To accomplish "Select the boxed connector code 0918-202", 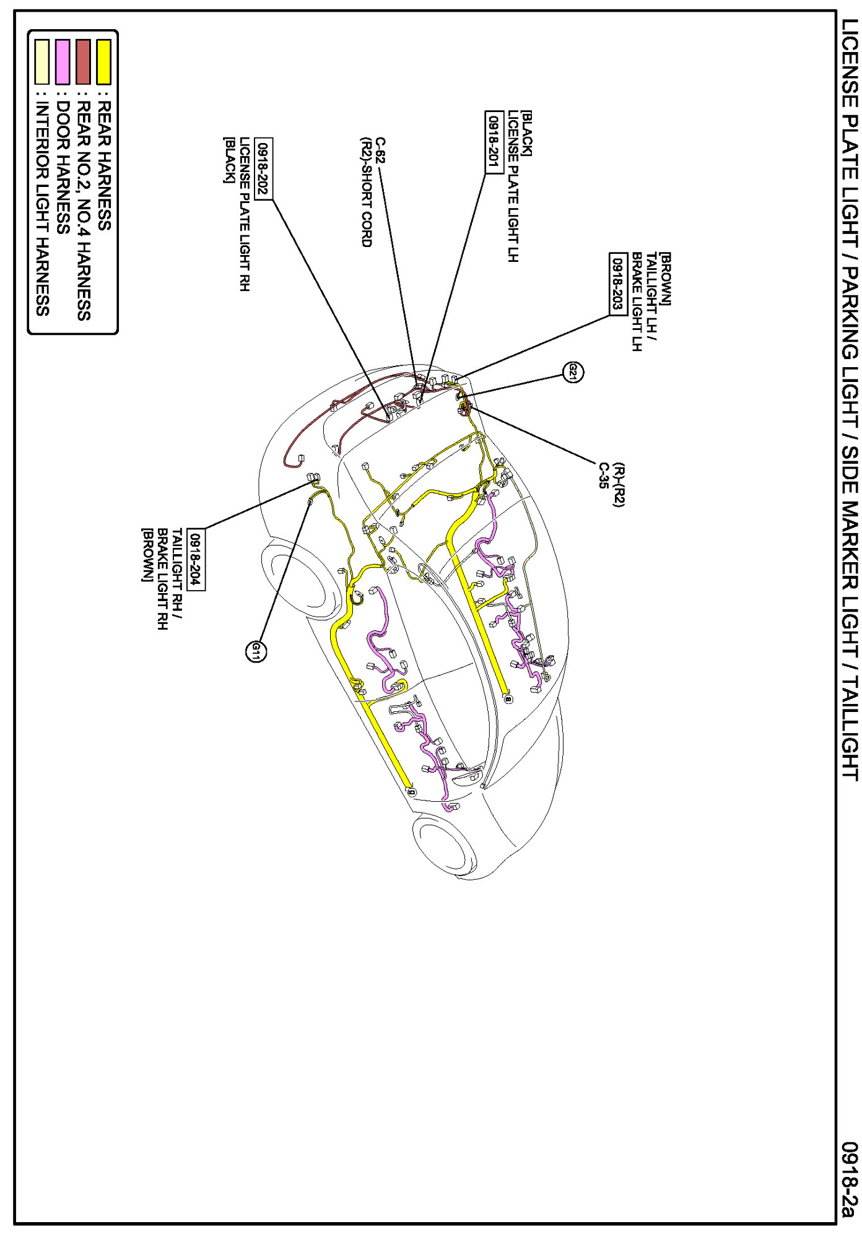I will (264, 168).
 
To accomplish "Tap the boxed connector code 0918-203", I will (618, 284).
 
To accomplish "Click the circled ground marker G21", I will (573, 372).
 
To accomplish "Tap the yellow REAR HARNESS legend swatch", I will (103, 61).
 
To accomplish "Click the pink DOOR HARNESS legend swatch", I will (63, 61).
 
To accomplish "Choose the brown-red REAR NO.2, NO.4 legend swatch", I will (83, 61).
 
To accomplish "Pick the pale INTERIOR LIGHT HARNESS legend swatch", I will (42, 61).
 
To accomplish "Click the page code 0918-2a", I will (850, 1180).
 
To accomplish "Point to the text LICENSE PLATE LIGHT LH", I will (513, 186).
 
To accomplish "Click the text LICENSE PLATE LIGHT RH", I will (245, 214).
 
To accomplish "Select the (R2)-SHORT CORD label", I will (366, 192).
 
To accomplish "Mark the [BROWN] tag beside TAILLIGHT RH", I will (147, 555).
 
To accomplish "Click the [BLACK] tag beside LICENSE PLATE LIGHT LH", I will (526, 134).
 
